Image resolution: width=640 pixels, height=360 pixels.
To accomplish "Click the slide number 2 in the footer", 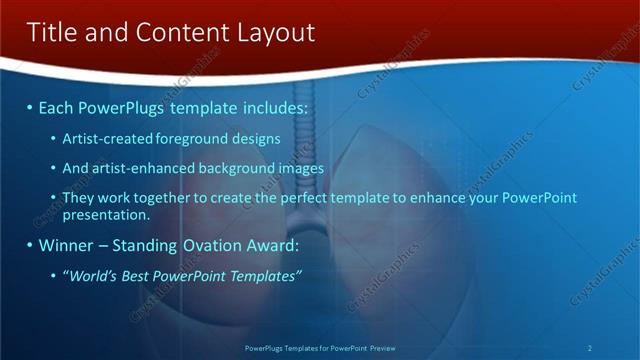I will (x=590, y=348).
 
